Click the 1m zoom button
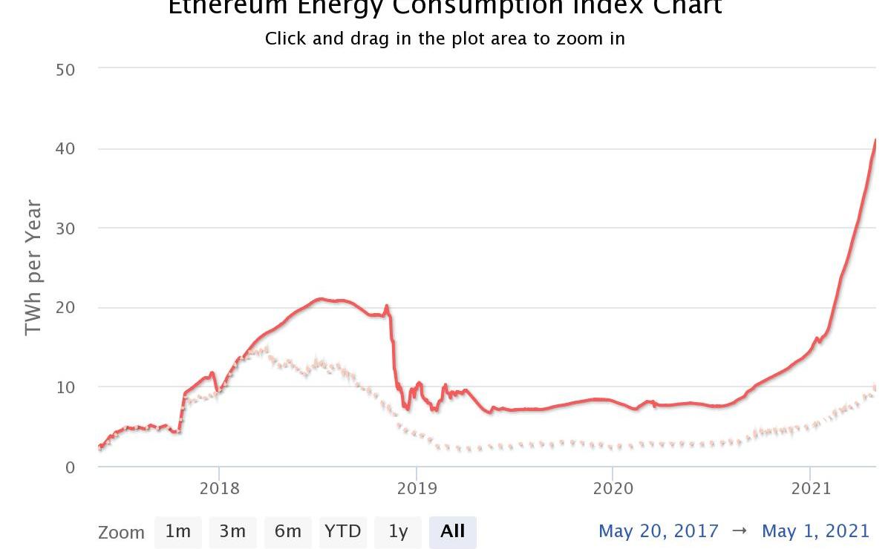[178, 532]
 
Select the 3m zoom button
[232, 532]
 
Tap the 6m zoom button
[287, 532]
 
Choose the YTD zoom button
[342, 532]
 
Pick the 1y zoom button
[398, 532]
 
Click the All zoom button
[452, 532]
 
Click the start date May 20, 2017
[659, 531]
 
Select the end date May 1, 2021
[815, 531]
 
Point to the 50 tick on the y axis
[65, 69]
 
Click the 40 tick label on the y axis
[65, 148]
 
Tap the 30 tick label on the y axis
[65, 228]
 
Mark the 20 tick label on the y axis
[65, 307]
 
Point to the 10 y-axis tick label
[65, 387]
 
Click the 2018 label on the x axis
[219, 488]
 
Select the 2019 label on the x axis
[417, 488]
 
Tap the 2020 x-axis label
[613, 488]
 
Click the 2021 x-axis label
[810, 488]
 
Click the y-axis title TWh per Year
[33, 268]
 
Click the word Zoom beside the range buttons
[121, 533]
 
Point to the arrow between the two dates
[740, 531]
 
